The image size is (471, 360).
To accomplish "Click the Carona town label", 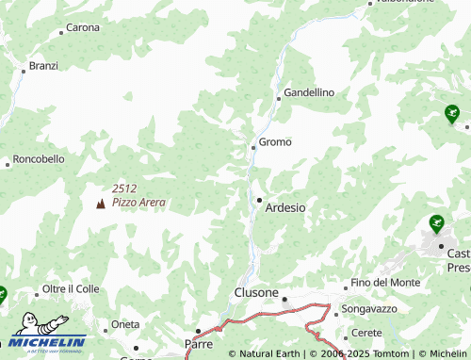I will point(83,27).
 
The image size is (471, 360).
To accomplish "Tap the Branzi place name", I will point(43,66).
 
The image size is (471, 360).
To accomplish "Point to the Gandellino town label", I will point(309,92).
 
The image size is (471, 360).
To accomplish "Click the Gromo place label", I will point(275,142).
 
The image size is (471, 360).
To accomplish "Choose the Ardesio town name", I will point(285,207).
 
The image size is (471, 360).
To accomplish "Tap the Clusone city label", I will point(255,293).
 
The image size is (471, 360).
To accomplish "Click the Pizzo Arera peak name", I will point(138,202).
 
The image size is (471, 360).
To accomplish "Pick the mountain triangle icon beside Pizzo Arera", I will point(101,204).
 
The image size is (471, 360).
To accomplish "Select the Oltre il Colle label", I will point(71,288).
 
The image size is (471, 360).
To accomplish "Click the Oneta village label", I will point(125,324).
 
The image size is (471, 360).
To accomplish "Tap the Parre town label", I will point(200,344).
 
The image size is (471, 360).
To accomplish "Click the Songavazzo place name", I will point(369,308).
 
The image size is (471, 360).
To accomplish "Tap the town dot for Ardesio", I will point(260,200).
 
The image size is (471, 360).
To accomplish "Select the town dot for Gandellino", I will point(278,97).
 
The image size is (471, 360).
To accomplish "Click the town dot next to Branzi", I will point(23,70).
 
